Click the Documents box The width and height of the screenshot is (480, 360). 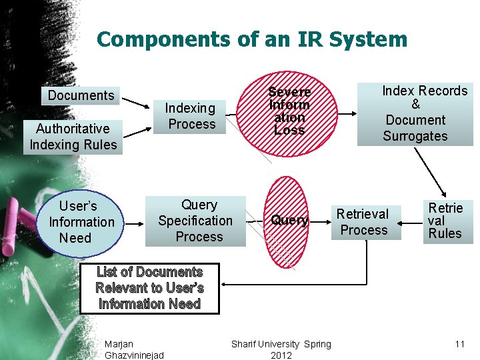coord(81,95)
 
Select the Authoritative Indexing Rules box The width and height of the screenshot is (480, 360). coord(73,137)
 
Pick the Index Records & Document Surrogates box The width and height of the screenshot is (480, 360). coord(415,113)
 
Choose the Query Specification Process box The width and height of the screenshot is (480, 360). coord(195,221)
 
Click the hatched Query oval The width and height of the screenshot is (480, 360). coord(289,221)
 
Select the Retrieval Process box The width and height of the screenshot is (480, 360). coord(363,222)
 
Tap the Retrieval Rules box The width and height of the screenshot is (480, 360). coord(445,221)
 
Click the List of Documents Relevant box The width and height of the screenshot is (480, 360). coord(149,288)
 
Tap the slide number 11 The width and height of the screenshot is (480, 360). coord(459,344)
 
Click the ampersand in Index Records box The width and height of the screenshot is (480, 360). coord(415,105)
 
